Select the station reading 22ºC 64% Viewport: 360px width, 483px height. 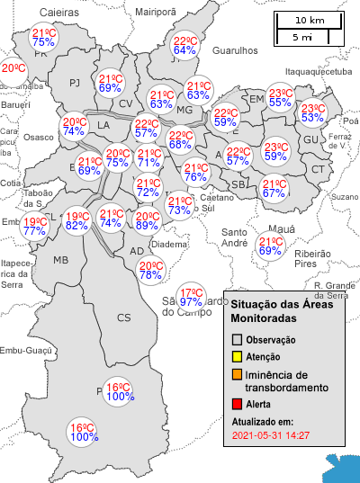[x=184, y=46]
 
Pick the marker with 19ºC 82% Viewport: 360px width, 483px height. [x=76, y=220]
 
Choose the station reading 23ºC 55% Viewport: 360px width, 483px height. [x=280, y=98]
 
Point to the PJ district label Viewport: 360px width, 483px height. [x=75, y=84]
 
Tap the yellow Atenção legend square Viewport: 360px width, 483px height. [x=238, y=357]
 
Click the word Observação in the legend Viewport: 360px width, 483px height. [x=270, y=341]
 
